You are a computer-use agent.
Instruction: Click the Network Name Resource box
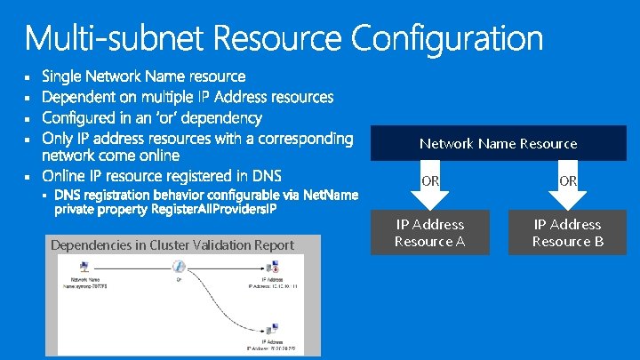(498, 143)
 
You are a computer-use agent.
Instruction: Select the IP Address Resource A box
(430, 233)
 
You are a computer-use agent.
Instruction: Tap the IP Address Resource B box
(567, 233)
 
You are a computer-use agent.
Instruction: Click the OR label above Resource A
(430, 180)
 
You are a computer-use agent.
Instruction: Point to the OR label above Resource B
(568, 180)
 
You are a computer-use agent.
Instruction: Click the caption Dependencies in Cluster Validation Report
(172, 244)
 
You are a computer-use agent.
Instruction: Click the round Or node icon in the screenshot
(179, 267)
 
